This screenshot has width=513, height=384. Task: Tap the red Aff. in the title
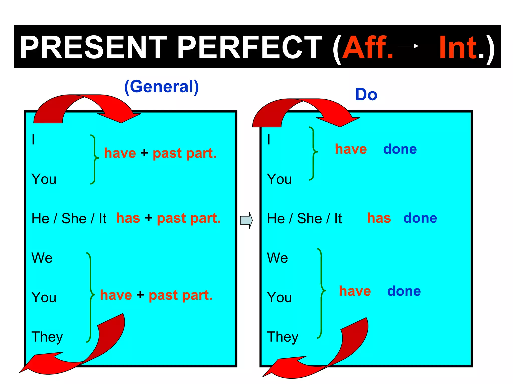[x=368, y=47]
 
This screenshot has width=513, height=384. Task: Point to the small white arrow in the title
[x=408, y=46]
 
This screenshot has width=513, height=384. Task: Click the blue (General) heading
[x=162, y=87]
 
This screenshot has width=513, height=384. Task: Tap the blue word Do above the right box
[x=366, y=95]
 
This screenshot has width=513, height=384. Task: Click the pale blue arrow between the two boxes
[x=246, y=220]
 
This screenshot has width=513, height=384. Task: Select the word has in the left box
[x=128, y=218]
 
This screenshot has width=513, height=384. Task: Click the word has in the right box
[x=379, y=218]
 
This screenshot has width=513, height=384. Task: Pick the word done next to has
[x=420, y=218]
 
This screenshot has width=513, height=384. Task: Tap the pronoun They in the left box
[x=47, y=337]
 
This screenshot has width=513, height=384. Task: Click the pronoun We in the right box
[x=278, y=258]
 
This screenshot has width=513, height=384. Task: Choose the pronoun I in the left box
[x=33, y=139]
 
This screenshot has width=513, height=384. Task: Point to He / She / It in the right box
[x=304, y=218]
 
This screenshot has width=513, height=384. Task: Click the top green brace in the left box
[x=94, y=159]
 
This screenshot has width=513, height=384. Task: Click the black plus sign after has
[x=149, y=217]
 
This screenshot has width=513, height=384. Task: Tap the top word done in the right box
[x=400, y=149]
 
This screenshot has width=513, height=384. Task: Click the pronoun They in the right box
[x=283, y=337]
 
